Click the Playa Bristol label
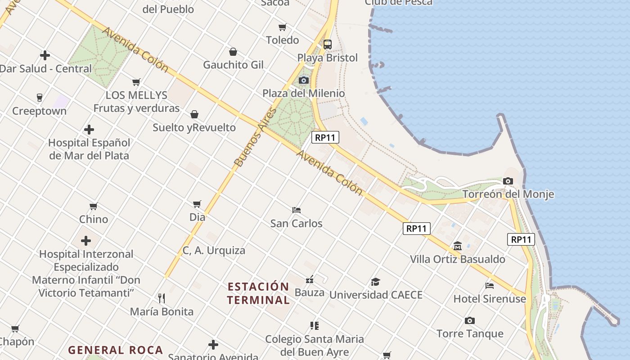coord(327,58)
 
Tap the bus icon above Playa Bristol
coord(327,45)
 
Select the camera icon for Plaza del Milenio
coord(304,80)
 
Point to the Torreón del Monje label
coord(508,194)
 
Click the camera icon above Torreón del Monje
coord(508,181)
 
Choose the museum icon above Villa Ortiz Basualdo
coord(458,246)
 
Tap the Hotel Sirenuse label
coord(489,299)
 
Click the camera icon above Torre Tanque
coord(470,320)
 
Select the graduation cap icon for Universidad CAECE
coord(375,282)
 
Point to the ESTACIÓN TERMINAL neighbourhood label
coord(258,293)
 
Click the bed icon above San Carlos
coord(296,210)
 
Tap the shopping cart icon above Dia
coord(197,204)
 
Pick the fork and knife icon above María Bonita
coord(162,298)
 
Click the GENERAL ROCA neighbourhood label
coord(115,350)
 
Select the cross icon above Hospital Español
coord(89,130)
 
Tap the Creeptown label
coord(39,111)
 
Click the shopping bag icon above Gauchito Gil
coord(233,52)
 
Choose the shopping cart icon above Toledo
coord(282,27)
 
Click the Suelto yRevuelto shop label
coord(194,127)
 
